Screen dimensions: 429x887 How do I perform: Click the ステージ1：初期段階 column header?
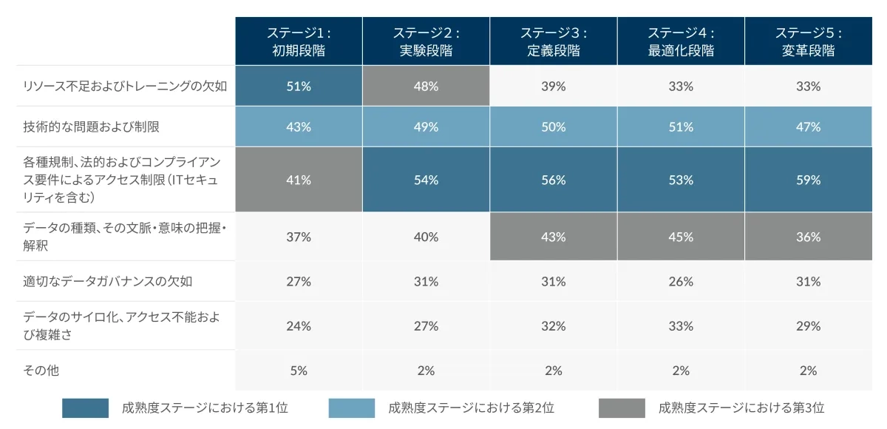coord(299,41)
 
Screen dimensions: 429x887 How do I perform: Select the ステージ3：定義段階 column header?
coord(553,41)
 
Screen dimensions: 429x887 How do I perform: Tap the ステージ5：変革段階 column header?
coord(808,41)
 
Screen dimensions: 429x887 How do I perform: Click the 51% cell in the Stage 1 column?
coord(299,86)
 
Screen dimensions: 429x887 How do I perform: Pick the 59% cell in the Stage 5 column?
coord(808,180)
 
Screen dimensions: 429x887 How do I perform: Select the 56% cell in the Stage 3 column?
coord(553,180)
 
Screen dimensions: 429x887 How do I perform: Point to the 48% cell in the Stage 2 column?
coord(426,86)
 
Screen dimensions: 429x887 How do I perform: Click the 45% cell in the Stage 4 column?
coord(681,237)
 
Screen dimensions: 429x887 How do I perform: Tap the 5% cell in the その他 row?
coord(299,371)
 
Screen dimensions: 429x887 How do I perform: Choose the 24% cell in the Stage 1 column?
coord(299,325)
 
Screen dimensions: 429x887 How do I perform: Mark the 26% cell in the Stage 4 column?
coord(681,281)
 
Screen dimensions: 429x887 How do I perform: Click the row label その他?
coord(41,371)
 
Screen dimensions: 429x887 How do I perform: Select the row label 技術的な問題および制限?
coord(92,126)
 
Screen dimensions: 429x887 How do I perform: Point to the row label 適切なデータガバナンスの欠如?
coord(108,281)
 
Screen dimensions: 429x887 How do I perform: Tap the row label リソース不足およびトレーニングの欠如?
coord(125,86)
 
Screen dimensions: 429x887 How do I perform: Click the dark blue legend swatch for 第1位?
coord(85,408)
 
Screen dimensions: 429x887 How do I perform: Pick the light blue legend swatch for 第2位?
coord(351,408)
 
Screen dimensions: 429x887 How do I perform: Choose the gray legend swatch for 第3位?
coord(622,408)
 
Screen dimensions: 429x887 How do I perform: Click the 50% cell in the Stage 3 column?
coord(553,126)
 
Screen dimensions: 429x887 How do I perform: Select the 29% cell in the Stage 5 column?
coord(808,325)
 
